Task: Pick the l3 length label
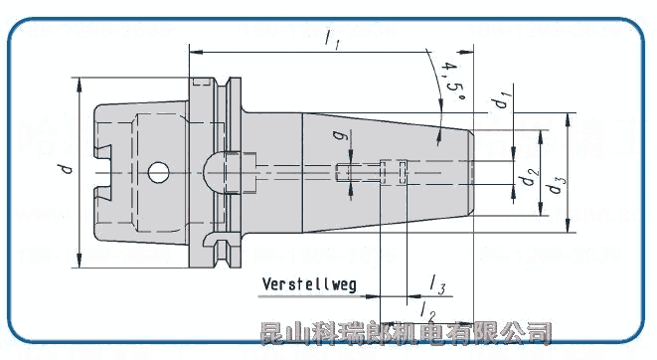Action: pos(437,287)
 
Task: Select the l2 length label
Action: pos(427,311)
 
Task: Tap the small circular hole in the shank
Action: pos(156,172)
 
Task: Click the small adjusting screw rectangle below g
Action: pos(344,173)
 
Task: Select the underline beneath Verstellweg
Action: pos(310,294)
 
